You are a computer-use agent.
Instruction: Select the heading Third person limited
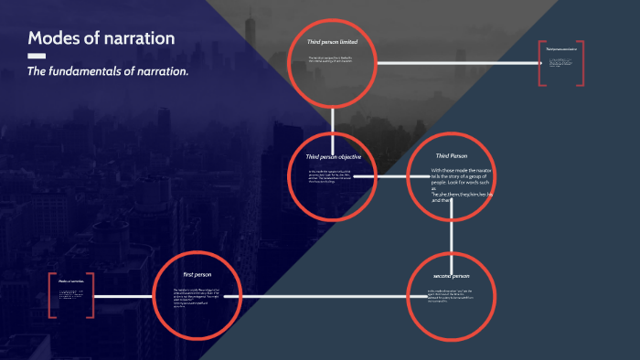tap(332, 42)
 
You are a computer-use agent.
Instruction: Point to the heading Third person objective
tap(334, 157)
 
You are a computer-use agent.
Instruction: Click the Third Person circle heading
tap(451, 156)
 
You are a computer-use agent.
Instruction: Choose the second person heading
tap(450, 275)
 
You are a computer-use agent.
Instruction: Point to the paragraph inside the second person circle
tap(450, 296)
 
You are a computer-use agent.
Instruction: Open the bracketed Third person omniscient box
tap(561, 63)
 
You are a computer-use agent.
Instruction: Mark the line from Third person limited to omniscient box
tap(457, 63)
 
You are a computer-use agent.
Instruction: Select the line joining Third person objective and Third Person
tap(391, 177)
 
